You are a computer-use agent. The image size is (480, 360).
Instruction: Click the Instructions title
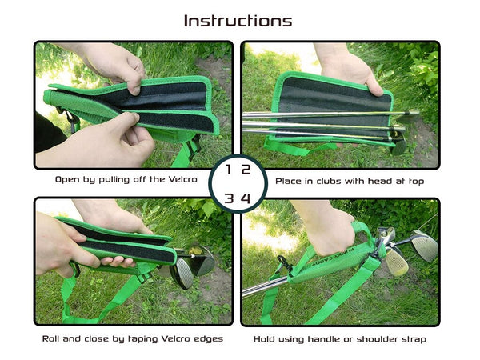238,21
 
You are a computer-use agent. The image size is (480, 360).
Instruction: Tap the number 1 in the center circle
228,170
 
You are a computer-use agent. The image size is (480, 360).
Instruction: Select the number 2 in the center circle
246,170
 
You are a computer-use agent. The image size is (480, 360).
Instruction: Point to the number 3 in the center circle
229,198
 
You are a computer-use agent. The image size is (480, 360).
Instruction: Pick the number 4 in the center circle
246,198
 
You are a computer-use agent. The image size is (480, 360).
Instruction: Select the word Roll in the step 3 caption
50,339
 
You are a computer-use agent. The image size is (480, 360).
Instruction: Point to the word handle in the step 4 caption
322,339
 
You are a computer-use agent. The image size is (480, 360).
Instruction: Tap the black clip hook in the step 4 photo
284,262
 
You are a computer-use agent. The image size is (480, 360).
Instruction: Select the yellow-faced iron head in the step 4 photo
397,261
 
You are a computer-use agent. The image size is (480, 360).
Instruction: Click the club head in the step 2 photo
399,143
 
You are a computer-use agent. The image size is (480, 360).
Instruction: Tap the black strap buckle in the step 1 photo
194,147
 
